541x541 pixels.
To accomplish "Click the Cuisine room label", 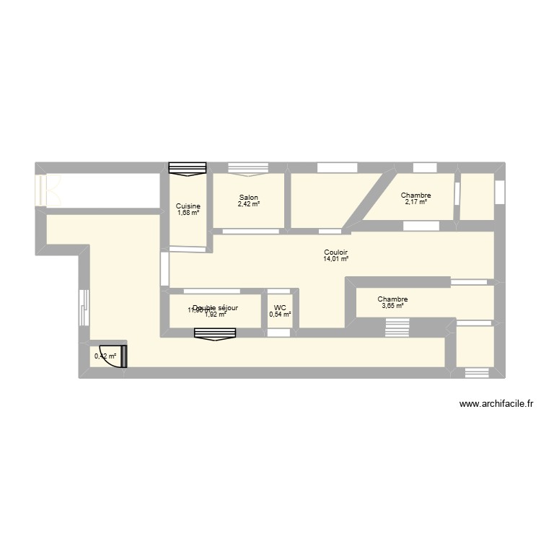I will click(188, 206).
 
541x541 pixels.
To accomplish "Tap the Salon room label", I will click(249, 198).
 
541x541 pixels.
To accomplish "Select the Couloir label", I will click(336, 252).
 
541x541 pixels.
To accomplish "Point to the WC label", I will click(280, 307).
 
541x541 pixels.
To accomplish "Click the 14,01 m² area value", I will click(336, 259).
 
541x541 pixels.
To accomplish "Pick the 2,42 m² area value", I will click(249, 204).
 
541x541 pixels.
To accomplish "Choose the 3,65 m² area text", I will click(392, 306).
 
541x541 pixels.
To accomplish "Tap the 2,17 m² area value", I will click(416, 202).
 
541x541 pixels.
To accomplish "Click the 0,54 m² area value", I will click(280, 315).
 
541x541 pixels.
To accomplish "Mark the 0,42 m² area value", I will click(105, 356).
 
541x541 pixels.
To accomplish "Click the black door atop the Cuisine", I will click(188, 168).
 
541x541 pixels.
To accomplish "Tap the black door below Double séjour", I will click(215, 333).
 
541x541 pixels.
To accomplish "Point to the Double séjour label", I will click(215, 307).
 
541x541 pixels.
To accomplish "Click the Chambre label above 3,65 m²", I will click(392, 299).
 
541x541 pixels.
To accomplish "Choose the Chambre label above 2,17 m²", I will click(416, 195).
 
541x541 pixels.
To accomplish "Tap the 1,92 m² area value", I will click(216, 315).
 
